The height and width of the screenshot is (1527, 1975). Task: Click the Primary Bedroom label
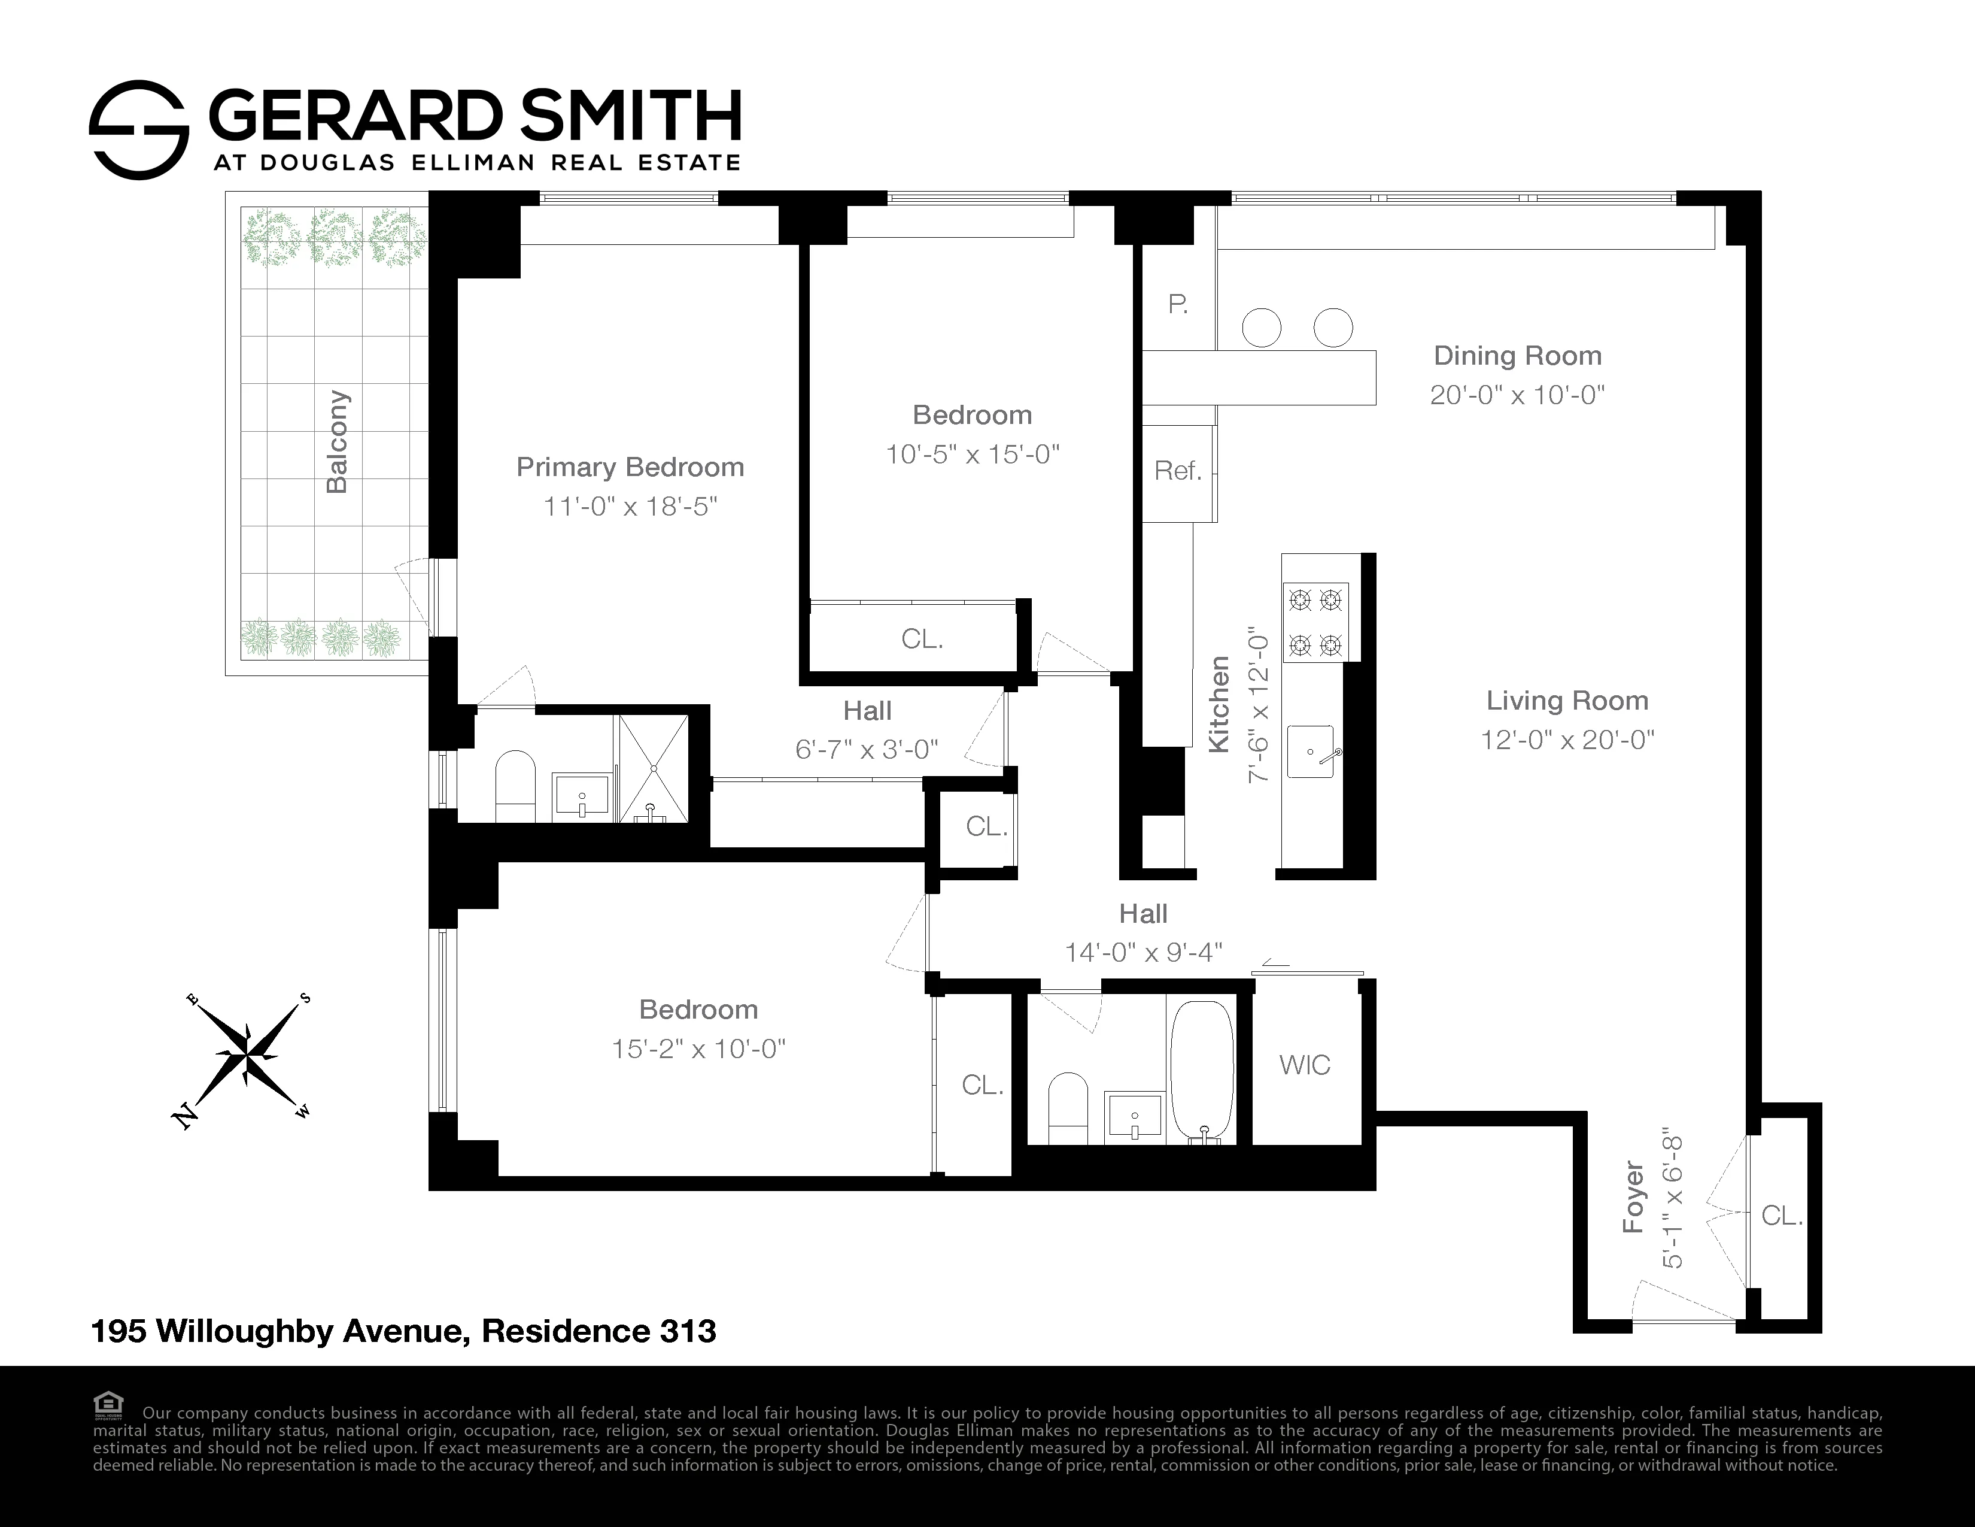pos(630,467)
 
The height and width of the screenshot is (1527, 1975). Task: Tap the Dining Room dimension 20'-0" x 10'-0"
pos(1517,395)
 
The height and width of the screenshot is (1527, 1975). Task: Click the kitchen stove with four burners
pos(1315,622)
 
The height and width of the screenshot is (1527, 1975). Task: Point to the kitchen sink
pos(1310,751)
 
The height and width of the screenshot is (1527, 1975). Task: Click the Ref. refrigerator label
pos(1177,471)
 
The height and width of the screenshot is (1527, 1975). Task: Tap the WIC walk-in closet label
pos(1304,1065)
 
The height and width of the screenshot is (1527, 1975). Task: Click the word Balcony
pos(336,443)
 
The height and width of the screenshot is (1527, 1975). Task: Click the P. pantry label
pos(1177,305)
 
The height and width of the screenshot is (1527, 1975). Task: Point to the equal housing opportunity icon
pos(108,1405)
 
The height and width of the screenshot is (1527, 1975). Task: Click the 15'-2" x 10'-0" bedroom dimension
pos(698,1049)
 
